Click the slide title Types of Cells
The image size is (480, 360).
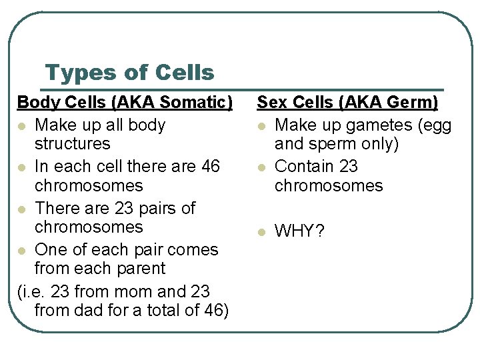[129, 73]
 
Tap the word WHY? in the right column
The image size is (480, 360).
[299, 232]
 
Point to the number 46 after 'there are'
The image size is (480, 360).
[209, 166]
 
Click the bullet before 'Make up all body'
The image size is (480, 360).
[23, 125]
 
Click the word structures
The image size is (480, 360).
[72, 143]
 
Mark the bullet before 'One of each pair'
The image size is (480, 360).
[23, 251]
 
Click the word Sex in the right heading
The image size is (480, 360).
[271, 103]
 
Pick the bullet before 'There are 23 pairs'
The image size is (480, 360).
[23, 209]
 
